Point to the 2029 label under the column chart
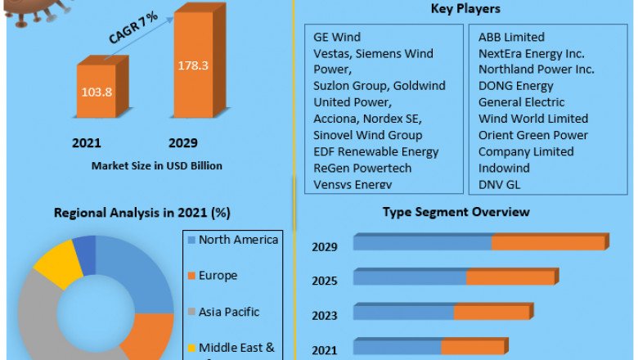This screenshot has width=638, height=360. (183, 143)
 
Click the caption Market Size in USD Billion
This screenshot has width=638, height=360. (156, 165)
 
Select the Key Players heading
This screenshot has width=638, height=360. (465, 10)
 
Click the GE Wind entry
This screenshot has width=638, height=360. (337, 37)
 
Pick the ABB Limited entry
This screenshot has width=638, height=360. (511, 37)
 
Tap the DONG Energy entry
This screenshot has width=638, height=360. (516, 86)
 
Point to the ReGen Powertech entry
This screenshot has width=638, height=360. (362, 168)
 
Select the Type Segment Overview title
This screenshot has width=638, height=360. (456, 212)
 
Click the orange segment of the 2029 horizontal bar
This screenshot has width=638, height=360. (549, 243)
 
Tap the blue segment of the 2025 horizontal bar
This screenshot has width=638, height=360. (410, 278)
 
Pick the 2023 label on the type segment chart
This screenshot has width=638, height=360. (324, 316)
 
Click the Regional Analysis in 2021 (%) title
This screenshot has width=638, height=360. (142, 213)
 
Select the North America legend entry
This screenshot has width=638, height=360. (238, 240)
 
